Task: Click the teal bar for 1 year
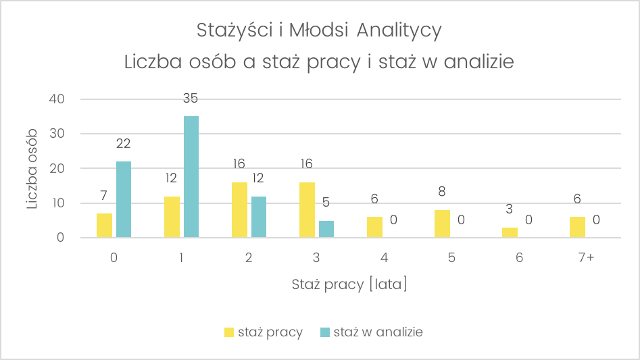[191, 177]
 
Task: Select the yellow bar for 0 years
[105, 226]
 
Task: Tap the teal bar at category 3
[326, 229]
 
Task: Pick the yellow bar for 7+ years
[577, 227]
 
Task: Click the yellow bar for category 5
[442, 224]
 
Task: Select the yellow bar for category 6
[510, 232]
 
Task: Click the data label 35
[191, 99]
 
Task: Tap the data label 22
[123, 143]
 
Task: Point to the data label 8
[442, 192]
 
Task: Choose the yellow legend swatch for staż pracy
[229, 332]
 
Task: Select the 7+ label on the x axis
[587, 258]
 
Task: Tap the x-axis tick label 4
[384, 258]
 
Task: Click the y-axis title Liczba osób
[32, 169]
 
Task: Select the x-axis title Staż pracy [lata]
[349, 285]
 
